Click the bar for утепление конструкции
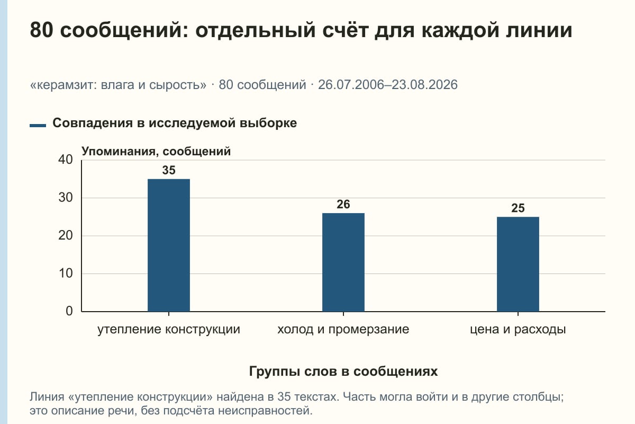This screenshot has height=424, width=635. pos(169,245)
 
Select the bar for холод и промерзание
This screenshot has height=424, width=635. pos(343,262)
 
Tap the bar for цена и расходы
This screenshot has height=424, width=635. pos(518,264)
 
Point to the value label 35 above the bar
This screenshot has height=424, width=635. pos(169,170)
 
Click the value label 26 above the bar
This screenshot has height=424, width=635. pos(343,204)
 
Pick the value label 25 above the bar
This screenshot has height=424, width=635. pos(518,208)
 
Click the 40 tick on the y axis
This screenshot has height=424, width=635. pos(66,160)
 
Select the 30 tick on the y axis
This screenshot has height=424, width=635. pos(66,198)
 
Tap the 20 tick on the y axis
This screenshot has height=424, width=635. pos(66,235)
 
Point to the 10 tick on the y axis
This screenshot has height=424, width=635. pos(66,273)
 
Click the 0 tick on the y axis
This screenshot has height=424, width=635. pos(69,311)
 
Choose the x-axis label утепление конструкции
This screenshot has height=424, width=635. pos(169,330)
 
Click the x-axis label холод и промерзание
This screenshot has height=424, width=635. pos(343,330)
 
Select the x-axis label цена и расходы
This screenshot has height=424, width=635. pos(518,330)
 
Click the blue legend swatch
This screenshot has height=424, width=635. pos(38,126)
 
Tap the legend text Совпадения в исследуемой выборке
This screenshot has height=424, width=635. pos(175,123)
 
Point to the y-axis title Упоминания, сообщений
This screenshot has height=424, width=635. pos(156,152)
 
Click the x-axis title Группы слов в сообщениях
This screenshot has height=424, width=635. pos(343,372)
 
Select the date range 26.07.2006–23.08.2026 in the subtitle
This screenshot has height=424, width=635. pos(388,85)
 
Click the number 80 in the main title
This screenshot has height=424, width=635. pos(41,30)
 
